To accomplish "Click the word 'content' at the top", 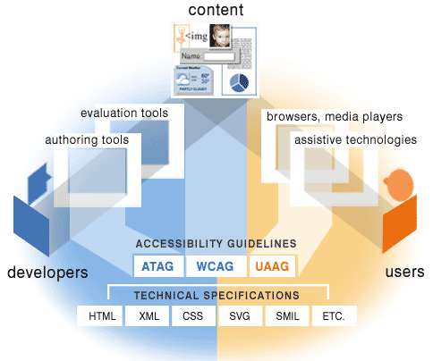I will pos(216,10).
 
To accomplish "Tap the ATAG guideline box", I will pos(157,265).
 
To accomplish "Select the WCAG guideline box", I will pos(214,265).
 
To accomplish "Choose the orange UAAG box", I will pos(270,265).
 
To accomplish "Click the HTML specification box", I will pos(101,316).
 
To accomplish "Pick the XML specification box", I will pos(148,316).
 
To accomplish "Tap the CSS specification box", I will pos(194,316).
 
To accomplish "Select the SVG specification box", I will pos(241,316).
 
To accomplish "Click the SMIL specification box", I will pos(287,316).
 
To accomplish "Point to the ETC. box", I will pos(334,316).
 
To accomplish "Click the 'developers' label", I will pos(48,272).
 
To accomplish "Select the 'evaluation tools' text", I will pos(118,113).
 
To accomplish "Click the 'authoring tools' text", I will pos(87,140).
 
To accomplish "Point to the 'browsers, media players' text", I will pos(335,116).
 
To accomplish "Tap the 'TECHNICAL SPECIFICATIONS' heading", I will pos(216,295).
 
